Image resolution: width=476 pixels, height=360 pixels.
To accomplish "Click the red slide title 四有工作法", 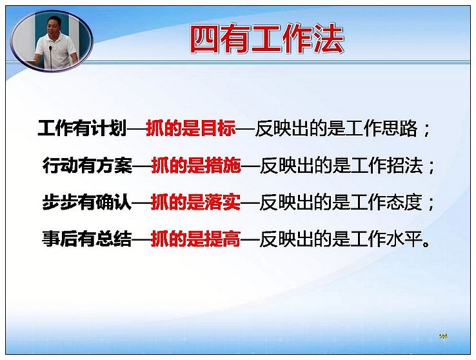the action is (x=267, y=39).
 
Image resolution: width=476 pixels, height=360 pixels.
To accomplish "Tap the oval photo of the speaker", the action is (x=52, y=41).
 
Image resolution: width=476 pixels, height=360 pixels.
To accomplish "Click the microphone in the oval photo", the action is (x=50, y=57).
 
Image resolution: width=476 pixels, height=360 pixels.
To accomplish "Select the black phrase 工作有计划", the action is (x=82, y=128).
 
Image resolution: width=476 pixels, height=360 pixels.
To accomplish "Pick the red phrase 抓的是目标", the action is (x=191, y=128).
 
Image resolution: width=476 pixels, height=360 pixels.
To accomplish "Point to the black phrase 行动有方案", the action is (x=88, y=165).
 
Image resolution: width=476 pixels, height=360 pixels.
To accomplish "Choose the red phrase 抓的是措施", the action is (x=196, y=165).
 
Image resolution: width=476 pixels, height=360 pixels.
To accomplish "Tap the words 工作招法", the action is (x=387, y=166).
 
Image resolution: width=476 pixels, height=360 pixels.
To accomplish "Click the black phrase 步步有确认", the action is (x=87, y=202).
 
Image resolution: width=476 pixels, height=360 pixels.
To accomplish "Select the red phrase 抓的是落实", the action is (x=196, y=202).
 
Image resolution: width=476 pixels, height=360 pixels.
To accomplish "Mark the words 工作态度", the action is (x=386, y=203).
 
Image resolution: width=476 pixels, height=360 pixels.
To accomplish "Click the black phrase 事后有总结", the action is (x=87, y=239).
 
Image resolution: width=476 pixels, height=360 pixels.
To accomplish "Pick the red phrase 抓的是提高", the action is (x=196, y=239).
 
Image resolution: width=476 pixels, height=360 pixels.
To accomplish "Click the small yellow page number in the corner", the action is (x=443, y=335).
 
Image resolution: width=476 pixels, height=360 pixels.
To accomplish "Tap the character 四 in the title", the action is (x=205, y=40).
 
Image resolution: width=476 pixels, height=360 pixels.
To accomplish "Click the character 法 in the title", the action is (x=329, y=39).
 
